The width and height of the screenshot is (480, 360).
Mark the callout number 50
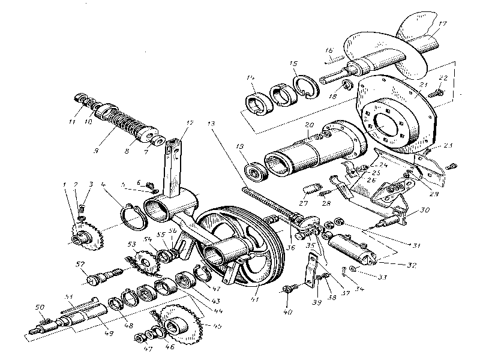tap(40, 307)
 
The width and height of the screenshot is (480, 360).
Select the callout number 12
tap(190, 123)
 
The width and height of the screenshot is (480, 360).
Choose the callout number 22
tap(443, 78)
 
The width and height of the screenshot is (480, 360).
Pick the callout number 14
tap(250, 79)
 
